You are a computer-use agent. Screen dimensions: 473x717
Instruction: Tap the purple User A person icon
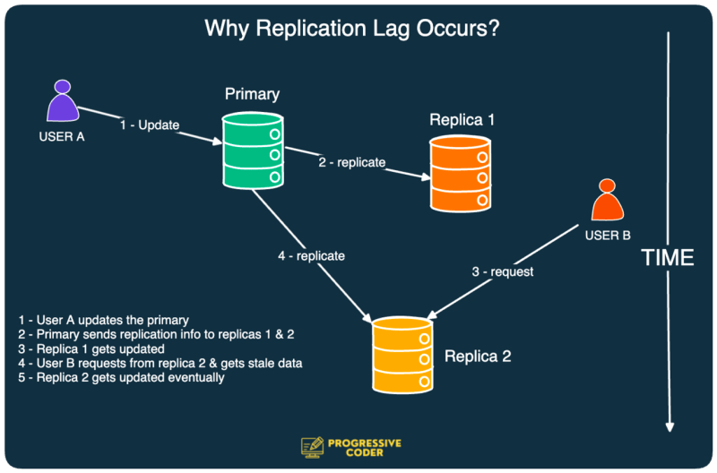pyautogui.click(x=62, y=102)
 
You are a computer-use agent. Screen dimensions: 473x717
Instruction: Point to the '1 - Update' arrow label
pyautogui.click(x=149, y=124)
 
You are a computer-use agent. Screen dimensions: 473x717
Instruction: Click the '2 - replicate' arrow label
pyautogui.click(x=351, y=162)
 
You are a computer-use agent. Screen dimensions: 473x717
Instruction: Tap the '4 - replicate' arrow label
pyautogui.click(x=311, y=256)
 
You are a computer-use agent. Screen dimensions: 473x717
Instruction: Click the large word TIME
pyautogui.click(x=668, y=258)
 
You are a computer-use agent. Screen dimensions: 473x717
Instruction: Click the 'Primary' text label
pyautogui.click(x=252, y=94)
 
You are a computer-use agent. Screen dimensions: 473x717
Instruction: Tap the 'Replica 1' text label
pyautogui.click(x=462, y=119)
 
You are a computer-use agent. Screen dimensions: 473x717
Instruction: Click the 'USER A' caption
pyautogui.click(x=61, y=137)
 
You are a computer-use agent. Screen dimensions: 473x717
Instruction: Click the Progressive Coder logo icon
pyautogui.click(x=312, y=447)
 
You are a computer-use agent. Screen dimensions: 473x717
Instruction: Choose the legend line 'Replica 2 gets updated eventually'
pyautogui.click(x=121, y=377)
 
